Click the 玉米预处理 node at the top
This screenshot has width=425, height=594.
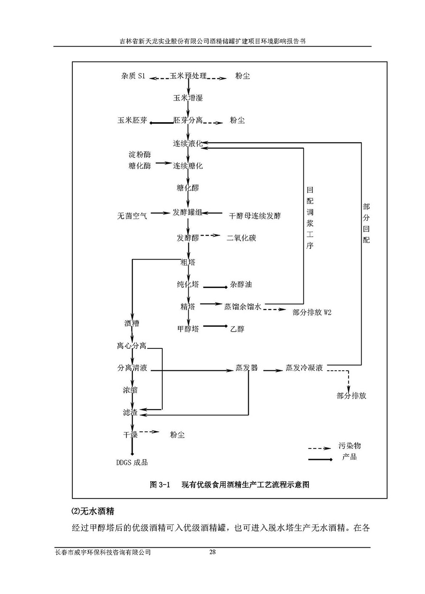188,76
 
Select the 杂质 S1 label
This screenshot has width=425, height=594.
133,76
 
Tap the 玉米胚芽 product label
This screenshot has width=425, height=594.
132,120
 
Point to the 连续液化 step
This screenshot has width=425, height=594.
187,143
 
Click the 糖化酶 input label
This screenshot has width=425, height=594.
139,166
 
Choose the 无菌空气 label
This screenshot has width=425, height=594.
132,216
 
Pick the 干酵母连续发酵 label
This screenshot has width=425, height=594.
255,216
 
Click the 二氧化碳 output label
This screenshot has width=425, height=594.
241,238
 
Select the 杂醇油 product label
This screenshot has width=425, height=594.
241,285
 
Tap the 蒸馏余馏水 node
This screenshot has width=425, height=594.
242,306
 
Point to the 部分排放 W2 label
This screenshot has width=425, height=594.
312,313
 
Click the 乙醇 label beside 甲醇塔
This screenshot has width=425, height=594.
237,329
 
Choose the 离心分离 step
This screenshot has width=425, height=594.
132,346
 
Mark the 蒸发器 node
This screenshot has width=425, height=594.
246,368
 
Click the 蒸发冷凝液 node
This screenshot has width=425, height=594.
304,368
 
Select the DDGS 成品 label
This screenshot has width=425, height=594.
132,462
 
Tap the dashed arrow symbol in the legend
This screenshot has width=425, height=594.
319,448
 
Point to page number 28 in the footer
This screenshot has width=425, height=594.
212,552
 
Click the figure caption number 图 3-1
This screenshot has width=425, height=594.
160,485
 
